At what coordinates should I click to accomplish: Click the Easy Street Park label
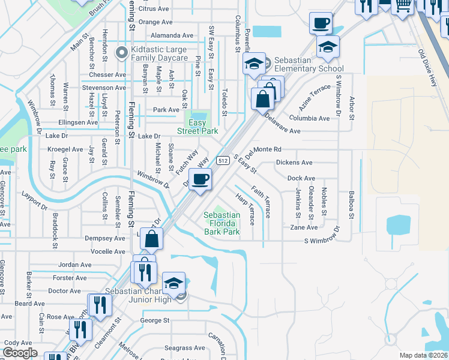(197, 127)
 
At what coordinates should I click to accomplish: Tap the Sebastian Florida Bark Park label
(221, 223)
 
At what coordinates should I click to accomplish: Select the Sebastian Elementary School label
(306, 65)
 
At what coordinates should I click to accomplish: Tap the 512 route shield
(223, 161)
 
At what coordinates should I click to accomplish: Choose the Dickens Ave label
(294, 163)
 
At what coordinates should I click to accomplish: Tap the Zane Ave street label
(304, 228)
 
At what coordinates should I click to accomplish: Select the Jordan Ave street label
(75, 265)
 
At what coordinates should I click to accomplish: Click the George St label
(155, 320)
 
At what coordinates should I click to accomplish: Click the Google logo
(20, 353)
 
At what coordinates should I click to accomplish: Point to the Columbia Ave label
(309, 118)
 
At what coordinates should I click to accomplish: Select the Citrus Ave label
(154, 9)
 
